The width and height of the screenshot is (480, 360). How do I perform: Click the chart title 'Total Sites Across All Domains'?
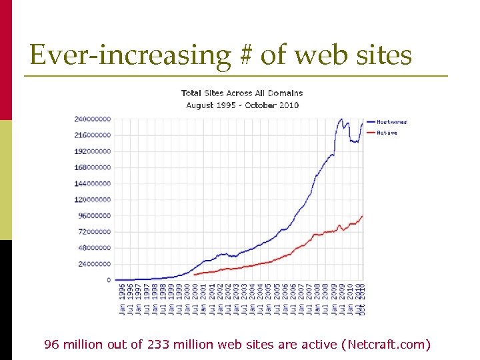point(242,93)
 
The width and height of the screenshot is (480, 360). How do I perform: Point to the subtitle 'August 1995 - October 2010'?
point(242,105)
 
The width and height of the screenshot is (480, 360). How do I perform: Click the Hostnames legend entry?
point(391,122)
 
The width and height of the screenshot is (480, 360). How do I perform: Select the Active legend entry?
point(387,133)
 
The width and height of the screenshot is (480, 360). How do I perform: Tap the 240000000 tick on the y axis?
point(92,119)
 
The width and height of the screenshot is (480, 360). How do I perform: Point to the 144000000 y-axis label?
point(92,183)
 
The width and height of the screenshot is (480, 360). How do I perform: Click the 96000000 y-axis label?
point(94,215)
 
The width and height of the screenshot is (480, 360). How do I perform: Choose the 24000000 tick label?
point(94,264)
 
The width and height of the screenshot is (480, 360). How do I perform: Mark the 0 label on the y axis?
point(109,280)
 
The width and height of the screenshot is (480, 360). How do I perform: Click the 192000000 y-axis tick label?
point(92,151)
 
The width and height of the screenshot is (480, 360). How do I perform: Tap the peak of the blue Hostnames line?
point(341,119)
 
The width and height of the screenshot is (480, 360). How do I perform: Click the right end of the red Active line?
point(362,216)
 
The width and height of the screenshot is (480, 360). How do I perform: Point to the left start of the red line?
point(193,274)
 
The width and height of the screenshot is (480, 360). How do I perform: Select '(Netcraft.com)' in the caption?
point(385,345)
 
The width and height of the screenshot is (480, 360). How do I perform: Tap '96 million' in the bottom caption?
point(73,345)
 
